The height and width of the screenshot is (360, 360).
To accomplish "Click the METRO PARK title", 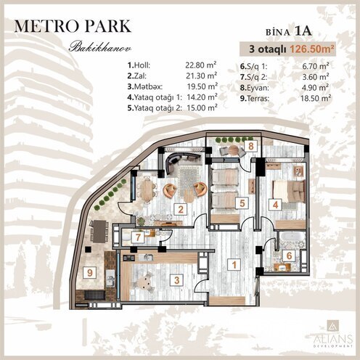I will tap(73, 26).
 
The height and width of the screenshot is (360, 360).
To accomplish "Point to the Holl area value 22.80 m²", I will tap(201, 65).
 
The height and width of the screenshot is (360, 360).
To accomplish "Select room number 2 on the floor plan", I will tap(179, 210).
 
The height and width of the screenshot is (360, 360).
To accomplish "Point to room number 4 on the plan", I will tap(275, 204).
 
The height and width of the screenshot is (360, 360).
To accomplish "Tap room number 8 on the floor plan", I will tap(250, 146).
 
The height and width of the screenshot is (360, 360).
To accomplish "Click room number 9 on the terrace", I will tap(89, 272).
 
